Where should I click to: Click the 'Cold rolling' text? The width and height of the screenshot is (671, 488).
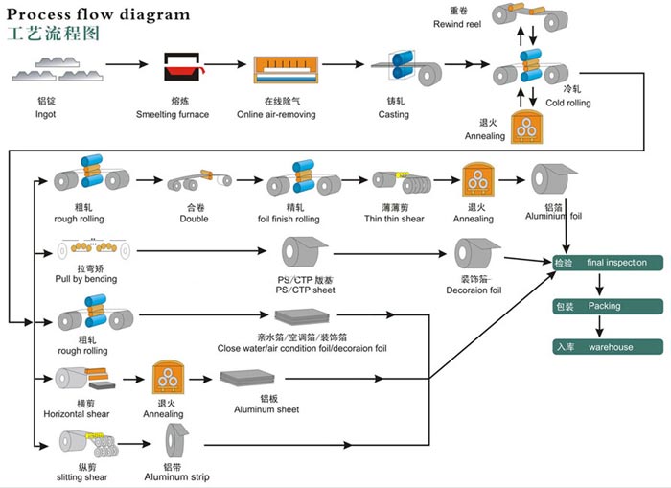568,104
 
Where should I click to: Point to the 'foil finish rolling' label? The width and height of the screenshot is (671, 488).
294,220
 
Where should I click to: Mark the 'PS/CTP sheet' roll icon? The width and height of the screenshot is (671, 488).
302,253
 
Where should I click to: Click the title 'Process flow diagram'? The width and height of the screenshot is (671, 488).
99,14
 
